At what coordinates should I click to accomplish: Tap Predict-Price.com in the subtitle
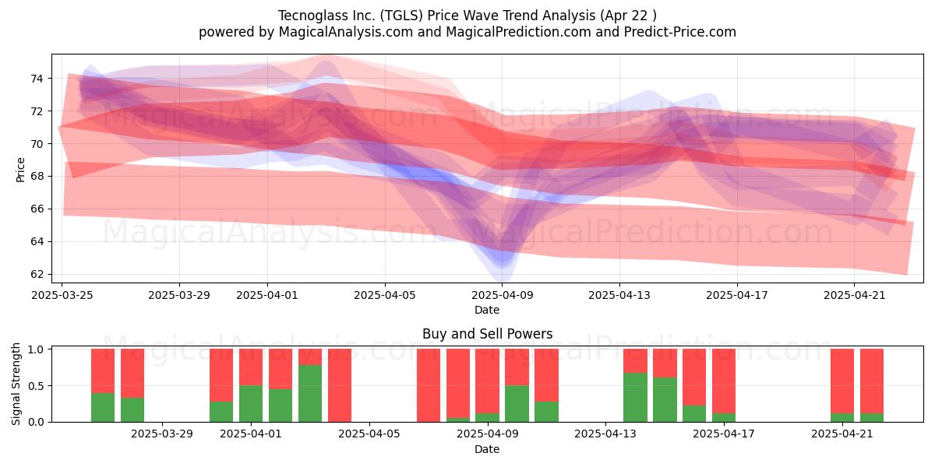point(680,32)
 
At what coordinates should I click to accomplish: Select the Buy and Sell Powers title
point(487,334)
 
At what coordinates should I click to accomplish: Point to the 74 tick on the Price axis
point(36,79)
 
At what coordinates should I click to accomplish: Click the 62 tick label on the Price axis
point(36,274)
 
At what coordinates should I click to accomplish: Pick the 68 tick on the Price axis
point(36,177)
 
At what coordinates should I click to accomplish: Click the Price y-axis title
point(20,170)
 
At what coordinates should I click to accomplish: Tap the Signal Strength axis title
point(16,384)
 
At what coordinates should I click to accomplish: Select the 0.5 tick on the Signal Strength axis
point(36,386)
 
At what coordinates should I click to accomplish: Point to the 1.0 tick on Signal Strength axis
point(36,349)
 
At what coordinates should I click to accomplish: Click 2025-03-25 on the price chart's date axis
point(62,295)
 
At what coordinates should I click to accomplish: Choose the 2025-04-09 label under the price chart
point(502,295)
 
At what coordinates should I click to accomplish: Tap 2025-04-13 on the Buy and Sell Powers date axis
point(605,434)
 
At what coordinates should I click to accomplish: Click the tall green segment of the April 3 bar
point(310,393)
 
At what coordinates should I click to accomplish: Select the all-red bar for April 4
point(340,385)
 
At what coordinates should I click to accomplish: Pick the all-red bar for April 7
point(429,385)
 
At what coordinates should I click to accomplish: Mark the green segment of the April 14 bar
point(635,398)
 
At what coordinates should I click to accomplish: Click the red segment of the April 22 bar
point(872,381)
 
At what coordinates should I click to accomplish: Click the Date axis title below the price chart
point(487,310)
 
